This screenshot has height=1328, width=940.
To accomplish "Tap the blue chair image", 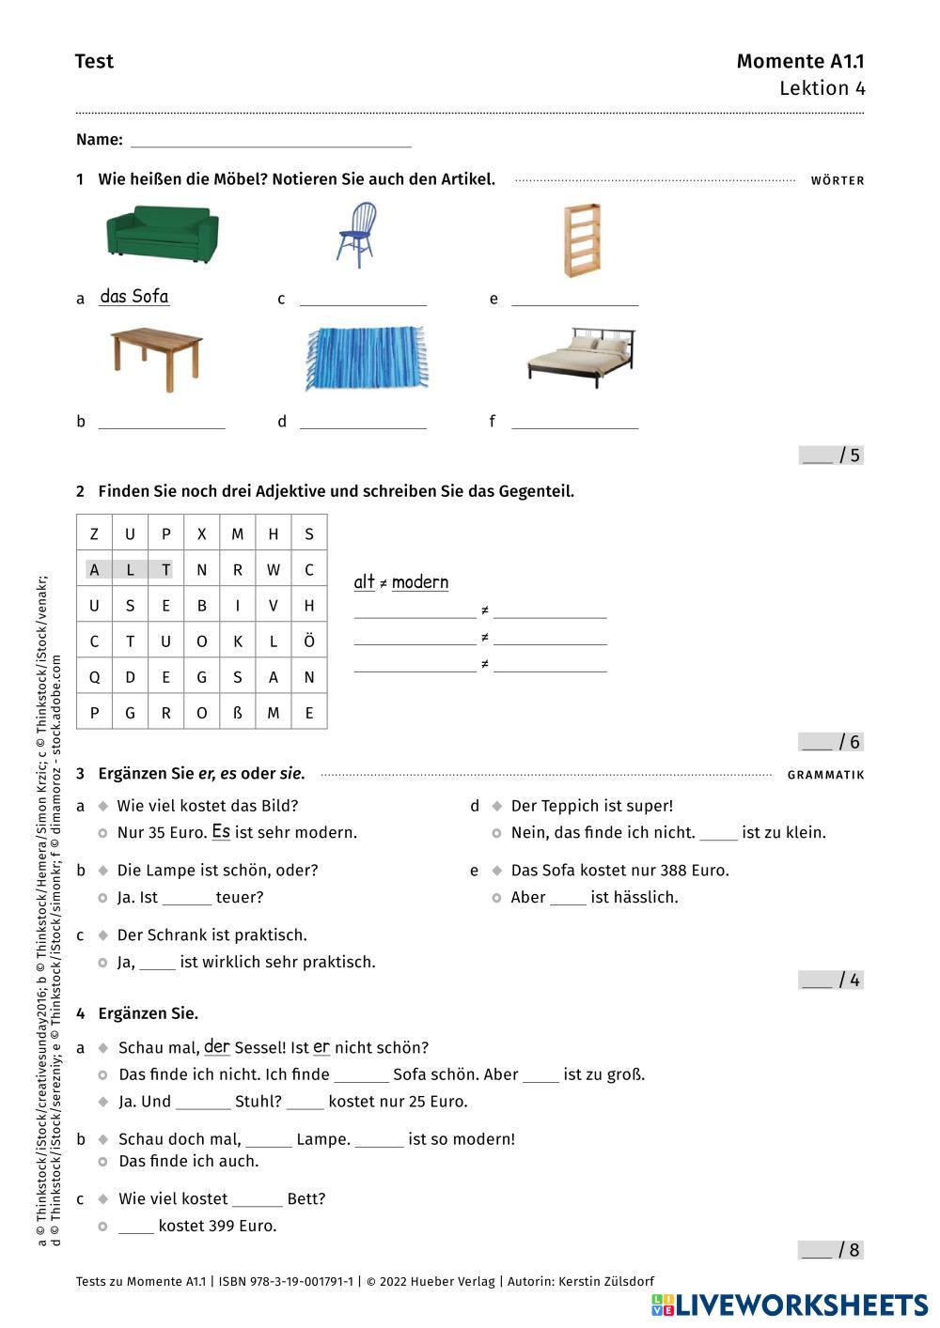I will coord(355,235).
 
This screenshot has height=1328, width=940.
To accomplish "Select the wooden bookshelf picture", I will coord(582,240).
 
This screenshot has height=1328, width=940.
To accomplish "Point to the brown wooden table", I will coord(155,359).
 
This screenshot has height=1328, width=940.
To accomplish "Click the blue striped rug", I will coord(366,358).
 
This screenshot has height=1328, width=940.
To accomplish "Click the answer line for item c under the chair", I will coord(363,300).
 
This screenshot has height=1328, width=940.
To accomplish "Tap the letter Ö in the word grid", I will coord(308,641).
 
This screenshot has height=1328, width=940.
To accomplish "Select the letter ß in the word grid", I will coord(237,713).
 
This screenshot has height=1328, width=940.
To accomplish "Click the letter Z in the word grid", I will coord(94,534).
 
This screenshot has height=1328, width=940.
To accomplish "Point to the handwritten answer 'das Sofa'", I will coord(134,297).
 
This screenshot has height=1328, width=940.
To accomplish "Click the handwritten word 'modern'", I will coord(420,582).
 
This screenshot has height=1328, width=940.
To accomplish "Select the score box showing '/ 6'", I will coord(831,742).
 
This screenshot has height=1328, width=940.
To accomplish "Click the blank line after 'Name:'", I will coord(271,141).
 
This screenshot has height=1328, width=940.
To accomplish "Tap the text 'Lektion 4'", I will coord(822,88).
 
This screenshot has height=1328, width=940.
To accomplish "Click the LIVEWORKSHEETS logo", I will coord(789,1305).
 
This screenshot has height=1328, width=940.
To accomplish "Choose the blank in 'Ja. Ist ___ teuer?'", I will coord(187,899).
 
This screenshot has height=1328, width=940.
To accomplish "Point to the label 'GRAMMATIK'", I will coord(825,775).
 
